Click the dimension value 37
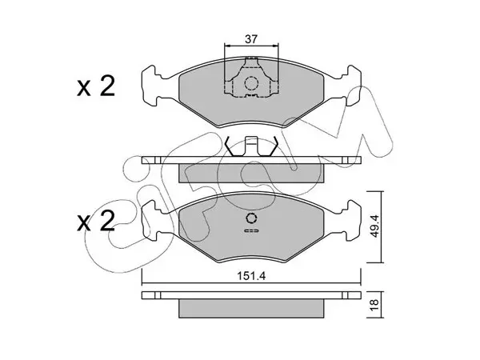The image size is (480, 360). [251, 39]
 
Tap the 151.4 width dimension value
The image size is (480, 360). [251, 276]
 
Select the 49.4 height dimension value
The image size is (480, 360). [374, 226]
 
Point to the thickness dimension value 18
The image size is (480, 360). [374, 305]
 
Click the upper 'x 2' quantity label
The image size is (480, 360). [96, 86]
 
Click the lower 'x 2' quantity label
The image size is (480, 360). [96, 221]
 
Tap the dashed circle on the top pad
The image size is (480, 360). [251, 83]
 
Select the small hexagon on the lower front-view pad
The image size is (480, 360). [251, 218]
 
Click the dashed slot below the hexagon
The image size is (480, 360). [251, 230]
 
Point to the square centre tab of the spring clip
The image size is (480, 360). [251, 146]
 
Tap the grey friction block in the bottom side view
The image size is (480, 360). [251, 309]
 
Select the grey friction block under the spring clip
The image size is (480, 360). [251, 174]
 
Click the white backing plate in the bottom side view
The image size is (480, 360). [251, 295]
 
